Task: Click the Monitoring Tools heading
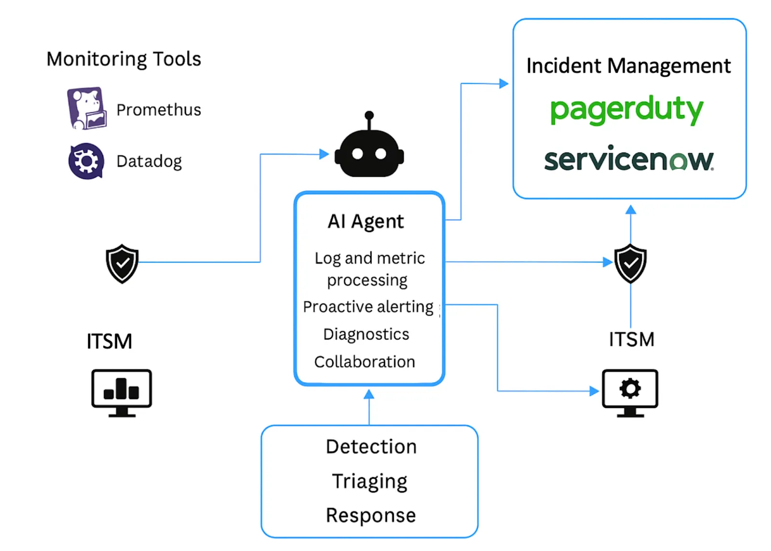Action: point(123,59)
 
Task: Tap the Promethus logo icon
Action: point(86,108)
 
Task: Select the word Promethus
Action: point(159,110)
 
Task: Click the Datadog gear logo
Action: point(86,161)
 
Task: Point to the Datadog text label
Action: point(149,161)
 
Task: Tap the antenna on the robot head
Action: point(369,116)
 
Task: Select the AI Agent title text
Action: point(366,222)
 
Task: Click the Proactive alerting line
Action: point(368,307)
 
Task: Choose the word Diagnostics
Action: point(366,334)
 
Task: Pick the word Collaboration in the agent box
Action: point(364,362)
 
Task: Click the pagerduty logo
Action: point(626,110)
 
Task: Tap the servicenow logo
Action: point(629,159)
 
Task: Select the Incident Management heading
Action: point(628,66)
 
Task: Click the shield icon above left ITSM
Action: point(122,263)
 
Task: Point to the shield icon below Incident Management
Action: point(630,263)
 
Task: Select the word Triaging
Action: point(370,481)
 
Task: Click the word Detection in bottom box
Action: point(371,447)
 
